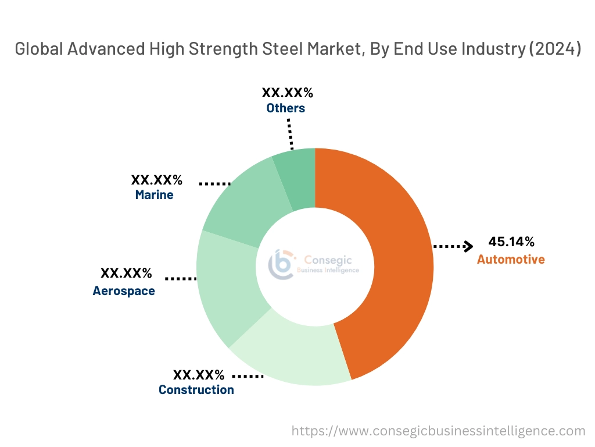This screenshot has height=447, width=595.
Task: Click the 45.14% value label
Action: (511, 242)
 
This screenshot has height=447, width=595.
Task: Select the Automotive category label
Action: (511, 260)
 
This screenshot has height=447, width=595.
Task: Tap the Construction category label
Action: (196, 390)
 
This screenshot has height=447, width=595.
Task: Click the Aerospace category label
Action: (124, 291)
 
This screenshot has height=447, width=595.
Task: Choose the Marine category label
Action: (154, 195)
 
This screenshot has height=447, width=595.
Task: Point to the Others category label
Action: (285, 108)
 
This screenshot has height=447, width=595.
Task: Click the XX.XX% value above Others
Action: (287, 93)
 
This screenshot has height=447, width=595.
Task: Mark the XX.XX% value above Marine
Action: (156, 179)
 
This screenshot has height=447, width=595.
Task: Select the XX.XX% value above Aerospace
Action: (126, 273)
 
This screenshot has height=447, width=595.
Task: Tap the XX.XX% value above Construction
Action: (198, 374)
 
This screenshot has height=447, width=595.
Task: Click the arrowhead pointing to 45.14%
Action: (468, 247)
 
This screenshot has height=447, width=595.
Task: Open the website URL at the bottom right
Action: (438, 431)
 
